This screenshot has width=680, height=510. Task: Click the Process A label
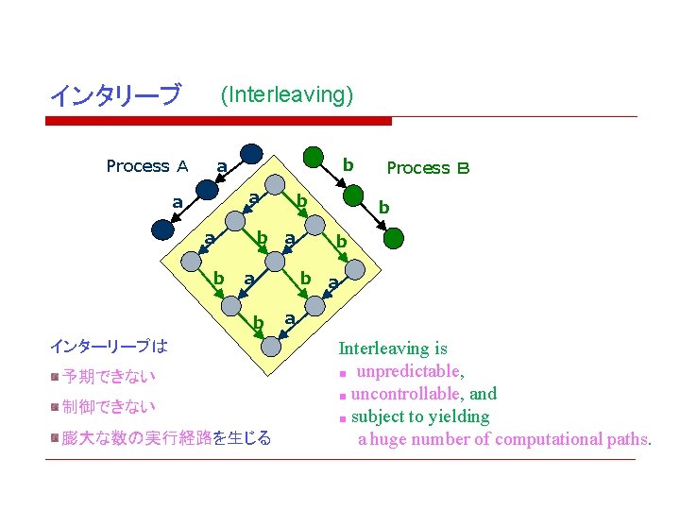tap(147, 167)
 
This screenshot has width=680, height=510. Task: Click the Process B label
tap(428, 168)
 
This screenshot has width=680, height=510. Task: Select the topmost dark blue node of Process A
tap(252, 155)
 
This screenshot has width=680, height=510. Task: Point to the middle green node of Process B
tap(351, 195)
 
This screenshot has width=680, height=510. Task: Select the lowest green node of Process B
tap(393, 236)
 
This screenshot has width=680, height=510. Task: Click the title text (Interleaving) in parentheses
tap(286, 94)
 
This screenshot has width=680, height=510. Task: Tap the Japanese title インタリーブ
tap(114, 95)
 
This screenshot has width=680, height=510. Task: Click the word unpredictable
tap(406, 371)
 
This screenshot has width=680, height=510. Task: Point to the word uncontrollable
tap(404, 394)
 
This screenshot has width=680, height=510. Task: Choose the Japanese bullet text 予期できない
tap(109, 377)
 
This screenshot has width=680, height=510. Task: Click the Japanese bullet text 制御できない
tap(109, 407)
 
